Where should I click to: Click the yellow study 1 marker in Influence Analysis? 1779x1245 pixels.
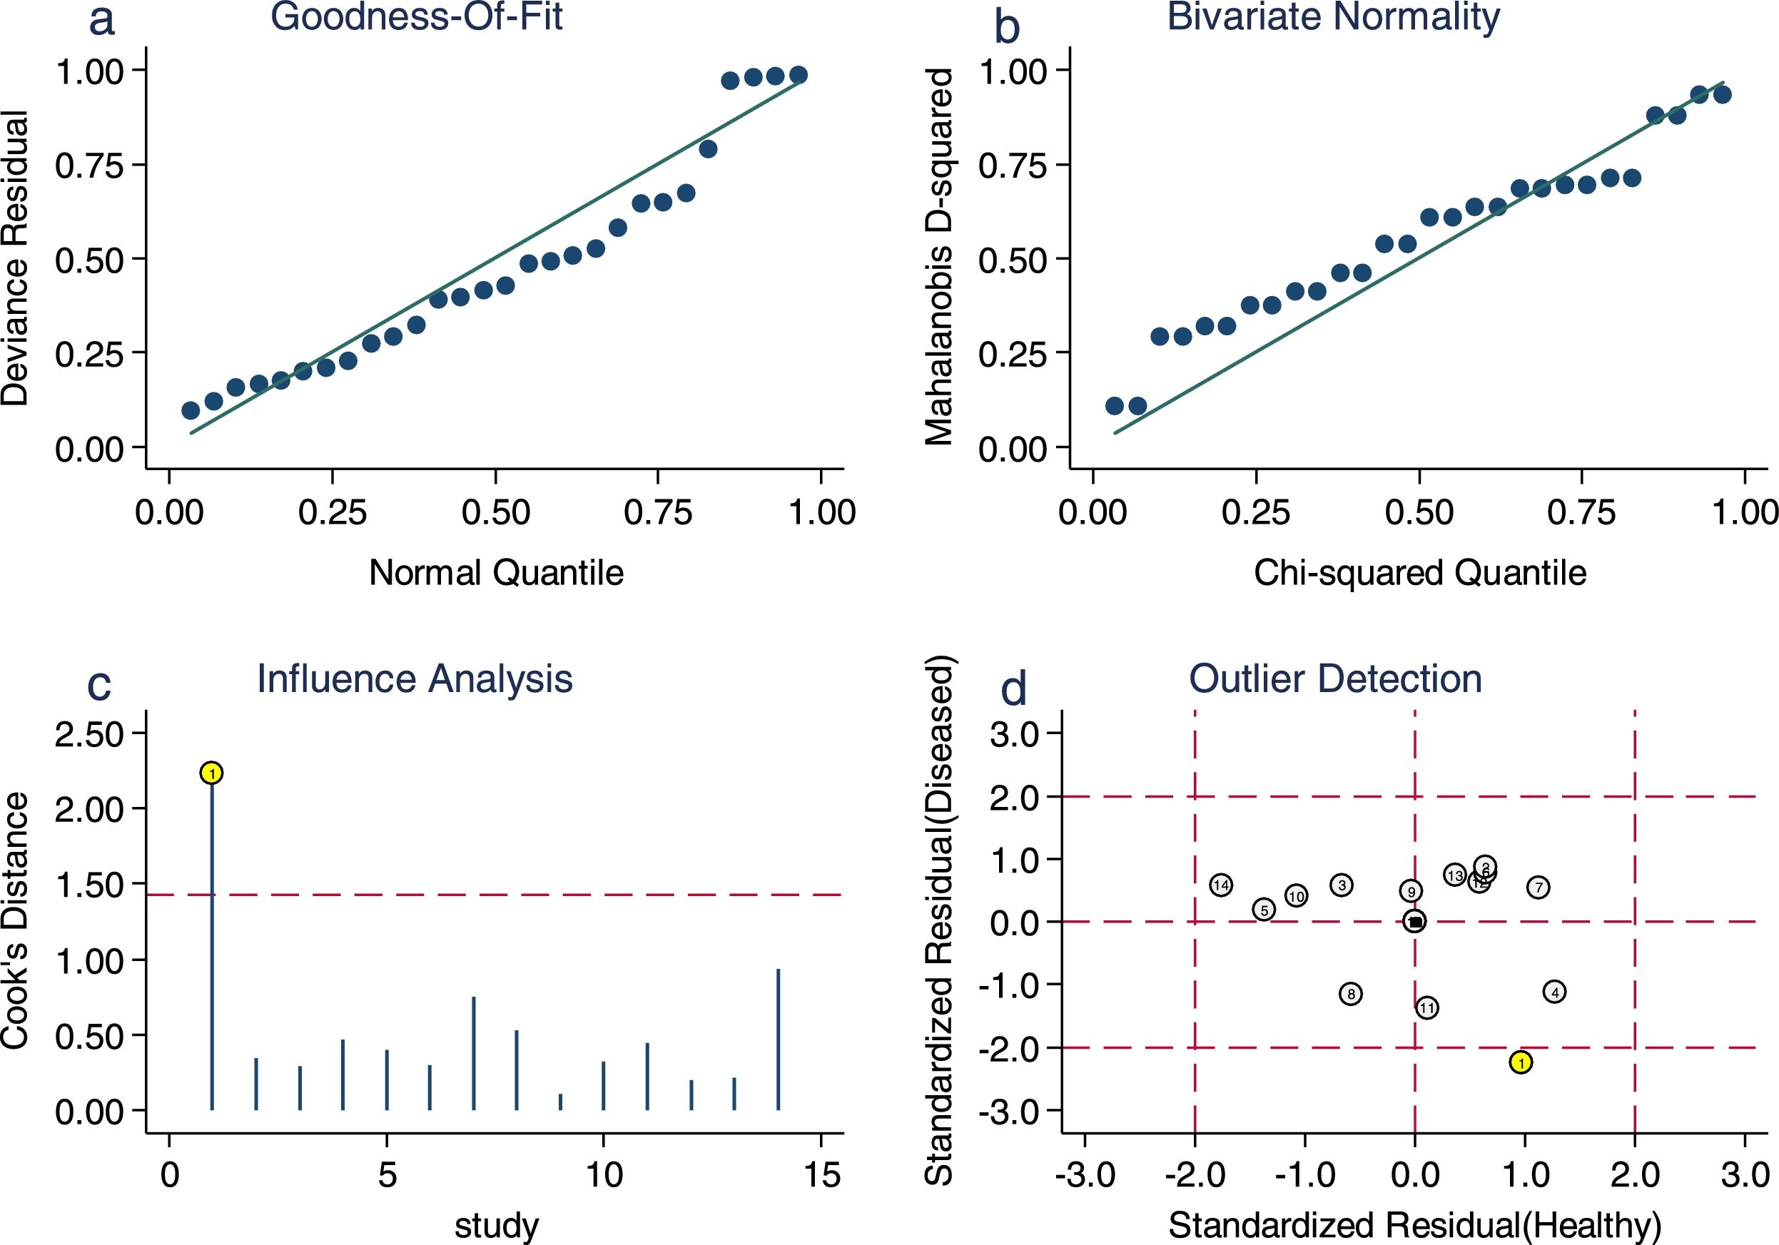click(x=211, y=773)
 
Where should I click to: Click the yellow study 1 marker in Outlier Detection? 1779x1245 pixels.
click(x=1521, y=1062)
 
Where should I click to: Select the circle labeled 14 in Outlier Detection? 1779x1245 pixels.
click(x=1221, y=885)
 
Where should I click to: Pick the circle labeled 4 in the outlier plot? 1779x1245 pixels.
click(x=1554, y=992)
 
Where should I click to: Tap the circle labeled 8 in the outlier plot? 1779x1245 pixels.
click(x=1351, y=994)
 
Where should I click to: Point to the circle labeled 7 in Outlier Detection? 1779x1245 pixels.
click(x=1539, y=888)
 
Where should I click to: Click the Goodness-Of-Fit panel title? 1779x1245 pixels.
click(x=416, y=17)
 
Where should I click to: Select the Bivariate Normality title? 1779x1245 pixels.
click(x=1334, y=17)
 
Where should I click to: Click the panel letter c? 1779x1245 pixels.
click(x=99, y=685)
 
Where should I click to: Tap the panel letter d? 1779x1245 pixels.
click(x=1013, y=688)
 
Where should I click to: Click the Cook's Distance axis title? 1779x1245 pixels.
click(x=16, y=920)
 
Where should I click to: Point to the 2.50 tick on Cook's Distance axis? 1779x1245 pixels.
click(x=89, y=733)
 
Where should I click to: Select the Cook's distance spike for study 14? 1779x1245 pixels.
click(x=778, y=1038)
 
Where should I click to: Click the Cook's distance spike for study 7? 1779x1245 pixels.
click(x=473, y=1054)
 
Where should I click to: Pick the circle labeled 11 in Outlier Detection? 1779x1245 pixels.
click(x=1427, y=1008)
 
